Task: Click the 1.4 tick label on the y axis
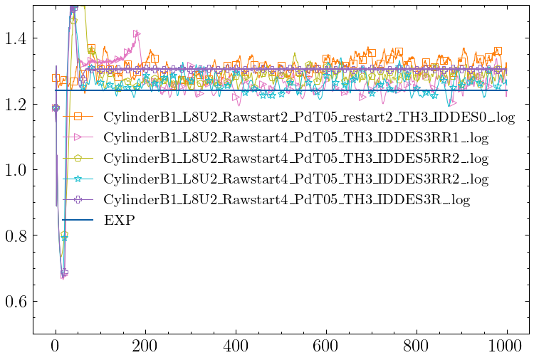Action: [x=15, y=38]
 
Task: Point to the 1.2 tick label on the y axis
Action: [x=15, y=105]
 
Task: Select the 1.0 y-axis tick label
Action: [x=15, y=170]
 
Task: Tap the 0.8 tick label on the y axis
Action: [x=15, y=235]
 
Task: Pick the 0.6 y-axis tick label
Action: [x=15, y=302]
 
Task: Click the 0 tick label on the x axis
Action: [x=55, y=346]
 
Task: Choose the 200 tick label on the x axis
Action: [x=145, y=346]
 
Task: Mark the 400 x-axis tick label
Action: [x=236, y=346]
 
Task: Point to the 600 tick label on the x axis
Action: [x=326, y=346]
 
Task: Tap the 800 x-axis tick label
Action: [x=417, y=346]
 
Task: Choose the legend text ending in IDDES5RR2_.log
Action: [x=296, y=157]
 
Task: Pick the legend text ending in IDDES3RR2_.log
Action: [x=296, y=178]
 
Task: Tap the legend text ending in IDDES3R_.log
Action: [x=287, y=199]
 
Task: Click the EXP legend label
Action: [x=120, y=220]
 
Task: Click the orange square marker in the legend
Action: [x=78, y=116]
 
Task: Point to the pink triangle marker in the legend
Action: [x=78, y=137]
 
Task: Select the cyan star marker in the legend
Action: [x=78, y=178]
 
